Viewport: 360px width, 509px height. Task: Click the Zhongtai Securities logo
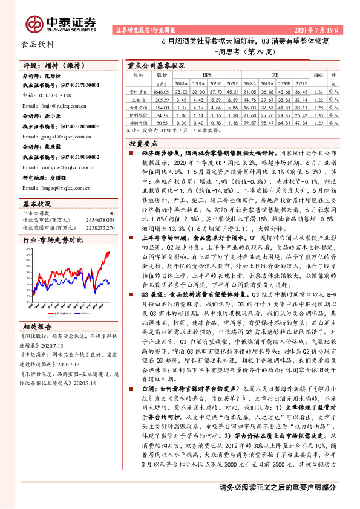pos(60,23)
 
